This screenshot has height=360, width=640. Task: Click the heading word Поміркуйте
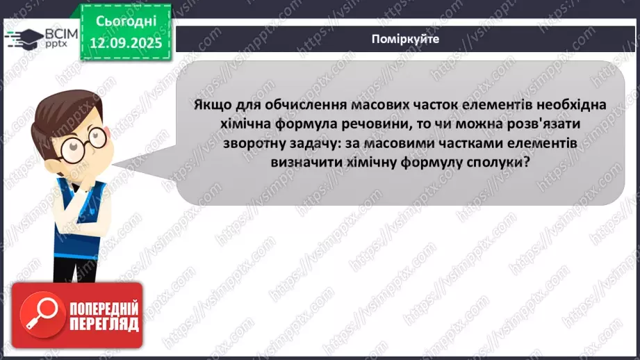(x=405, y=39)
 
